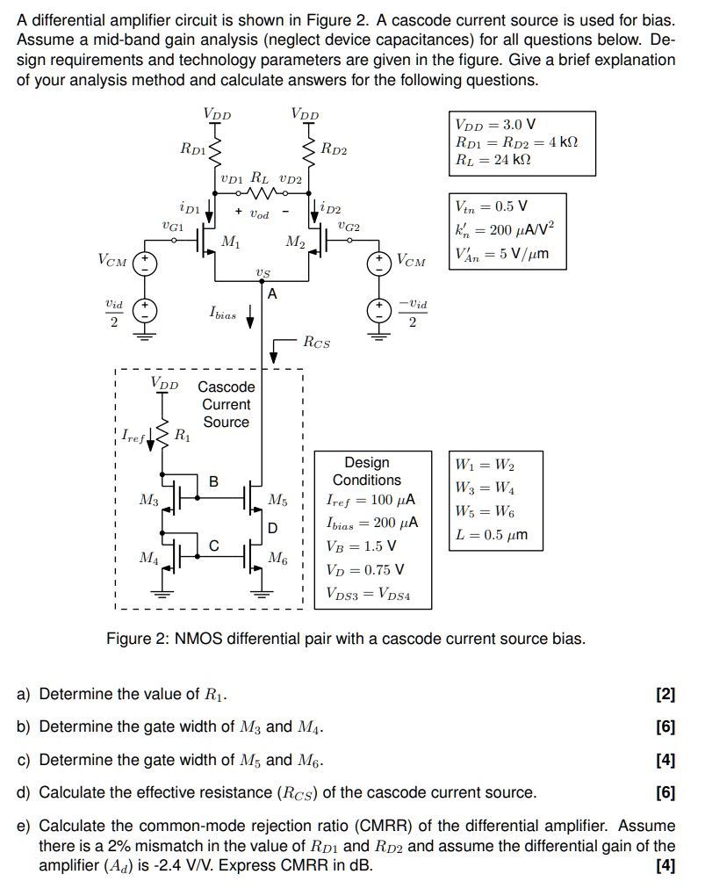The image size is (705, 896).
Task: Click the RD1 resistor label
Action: (192, 148)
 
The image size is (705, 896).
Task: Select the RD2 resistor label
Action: (335, 150)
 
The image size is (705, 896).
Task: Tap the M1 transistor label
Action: (230, 241)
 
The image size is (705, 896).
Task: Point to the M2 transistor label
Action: (295, 242)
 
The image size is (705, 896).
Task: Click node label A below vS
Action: (272, 293)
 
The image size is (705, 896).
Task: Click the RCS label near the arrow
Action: (317, 343)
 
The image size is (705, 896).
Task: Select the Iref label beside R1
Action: (134, 434)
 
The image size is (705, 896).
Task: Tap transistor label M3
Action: (149, 500)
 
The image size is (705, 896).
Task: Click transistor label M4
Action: (149, 557)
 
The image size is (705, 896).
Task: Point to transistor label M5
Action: (277, 501)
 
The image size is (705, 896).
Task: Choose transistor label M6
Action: (277, 558)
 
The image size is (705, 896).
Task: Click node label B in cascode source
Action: (213, 481)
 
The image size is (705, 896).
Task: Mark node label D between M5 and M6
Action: (272, 528)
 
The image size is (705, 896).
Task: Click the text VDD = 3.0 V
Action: (495, 126)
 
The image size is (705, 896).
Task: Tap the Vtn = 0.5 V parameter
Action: (492, 207)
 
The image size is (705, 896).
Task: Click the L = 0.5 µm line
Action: (492, 535)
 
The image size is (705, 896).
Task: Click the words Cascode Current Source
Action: (227, 404)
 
